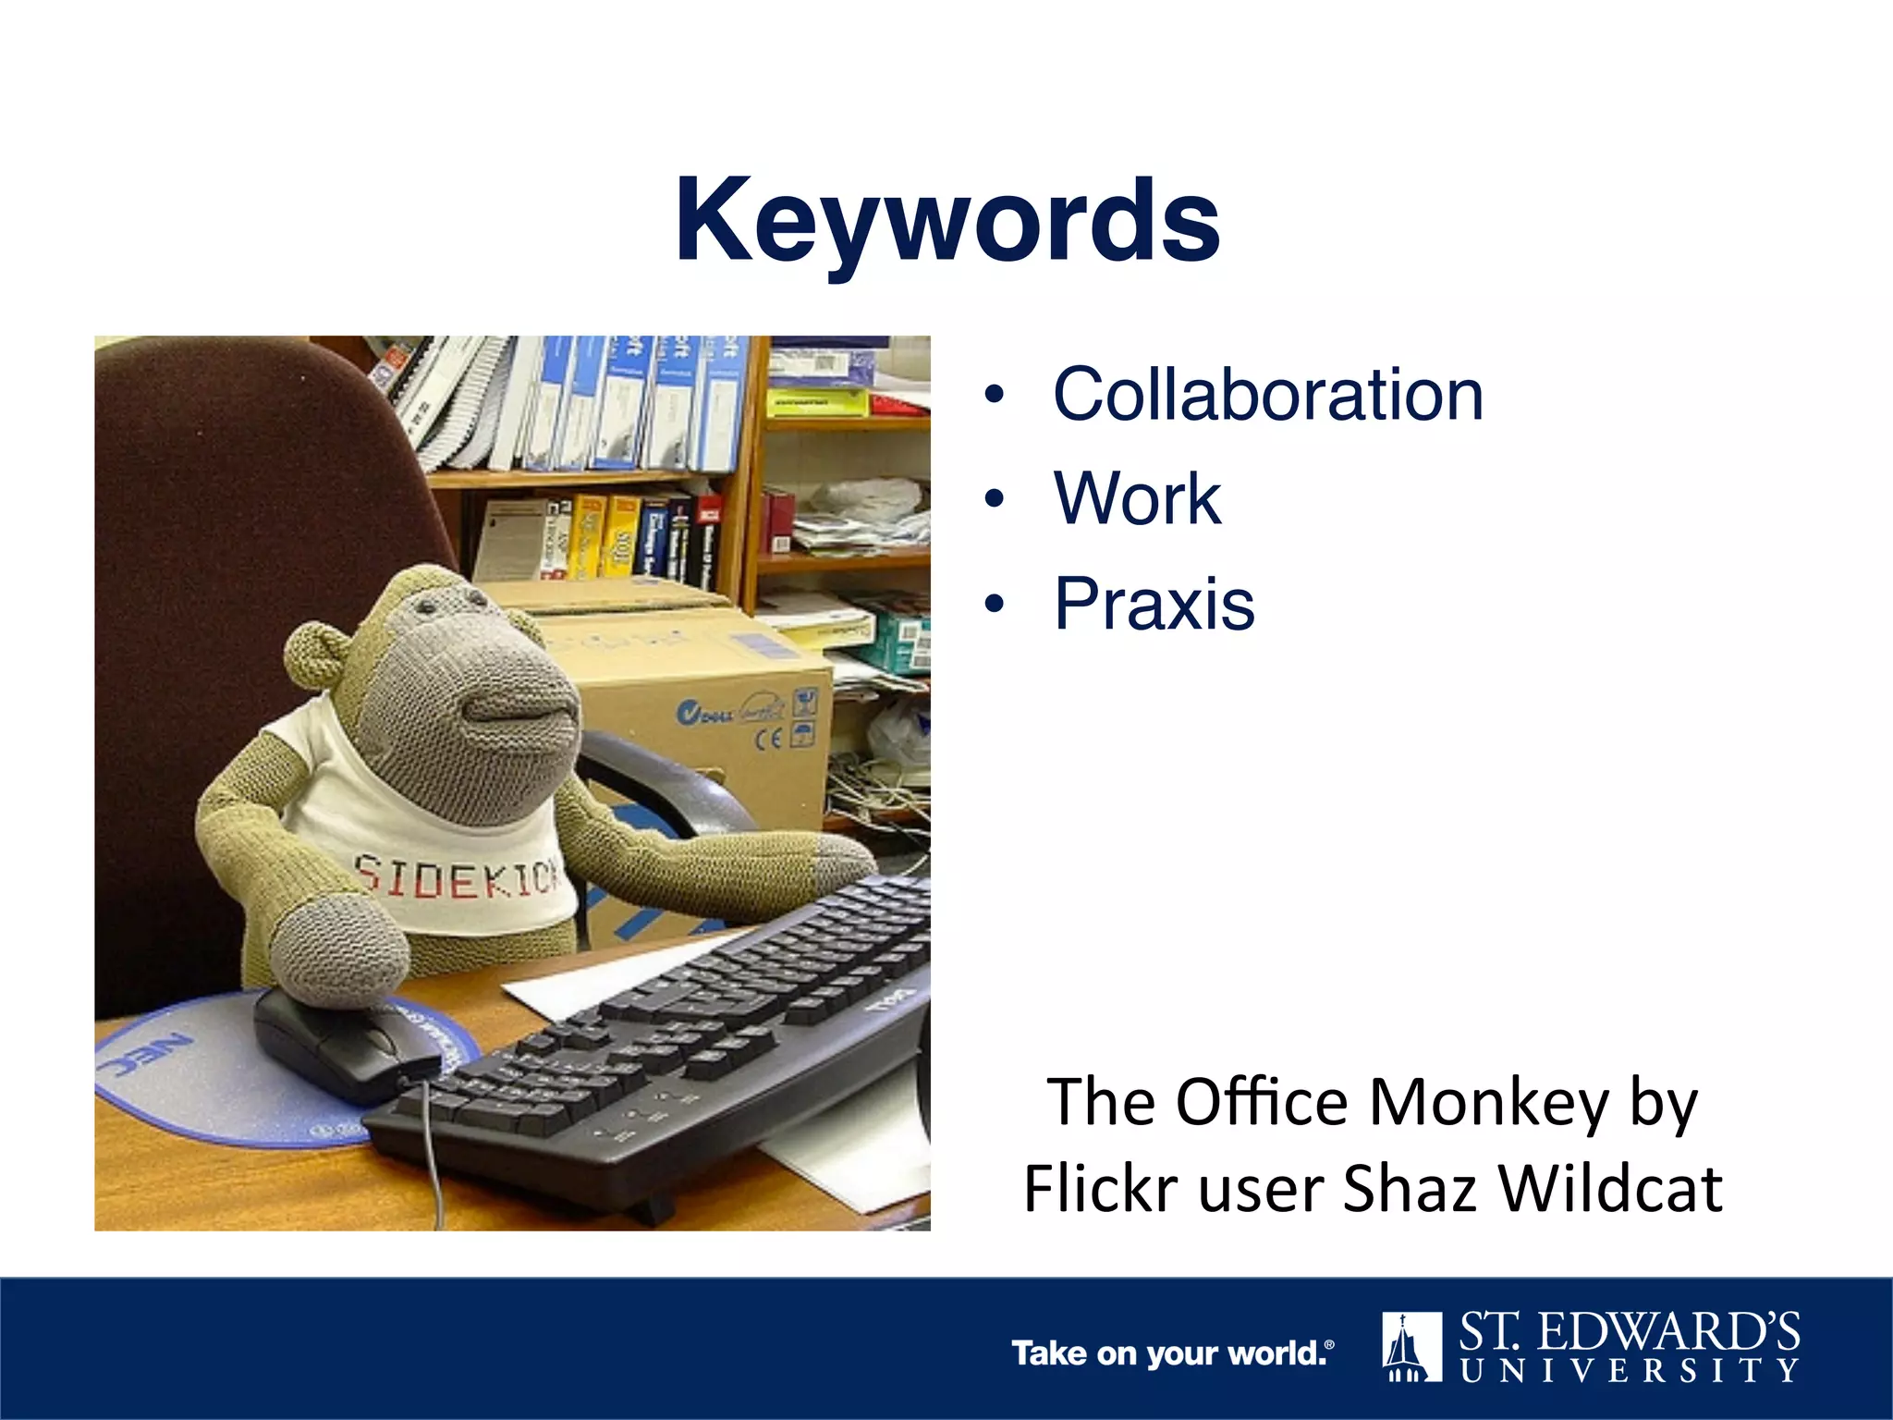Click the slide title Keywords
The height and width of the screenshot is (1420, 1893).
click(x=947, y=222)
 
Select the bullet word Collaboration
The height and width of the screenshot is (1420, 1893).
click(x=1267, y=395)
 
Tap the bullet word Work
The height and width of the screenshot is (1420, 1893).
click(x=1137, y=499)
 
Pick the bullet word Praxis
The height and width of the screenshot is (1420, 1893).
click(x=1154, y=604)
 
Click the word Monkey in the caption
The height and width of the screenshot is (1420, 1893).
click(x=1488, y=1103)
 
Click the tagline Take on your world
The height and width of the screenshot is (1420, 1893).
click(x=1172, y=1353)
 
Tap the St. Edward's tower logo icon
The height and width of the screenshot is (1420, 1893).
click(x=1411, y=1346)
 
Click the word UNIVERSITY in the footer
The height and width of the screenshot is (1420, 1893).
click(x=1630, y=1370)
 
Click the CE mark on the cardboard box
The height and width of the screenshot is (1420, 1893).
click(x=769, y=738)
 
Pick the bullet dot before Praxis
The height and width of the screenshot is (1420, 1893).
click(x=994, y=605)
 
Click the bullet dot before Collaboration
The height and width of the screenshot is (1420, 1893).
click(x=994, y=396)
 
